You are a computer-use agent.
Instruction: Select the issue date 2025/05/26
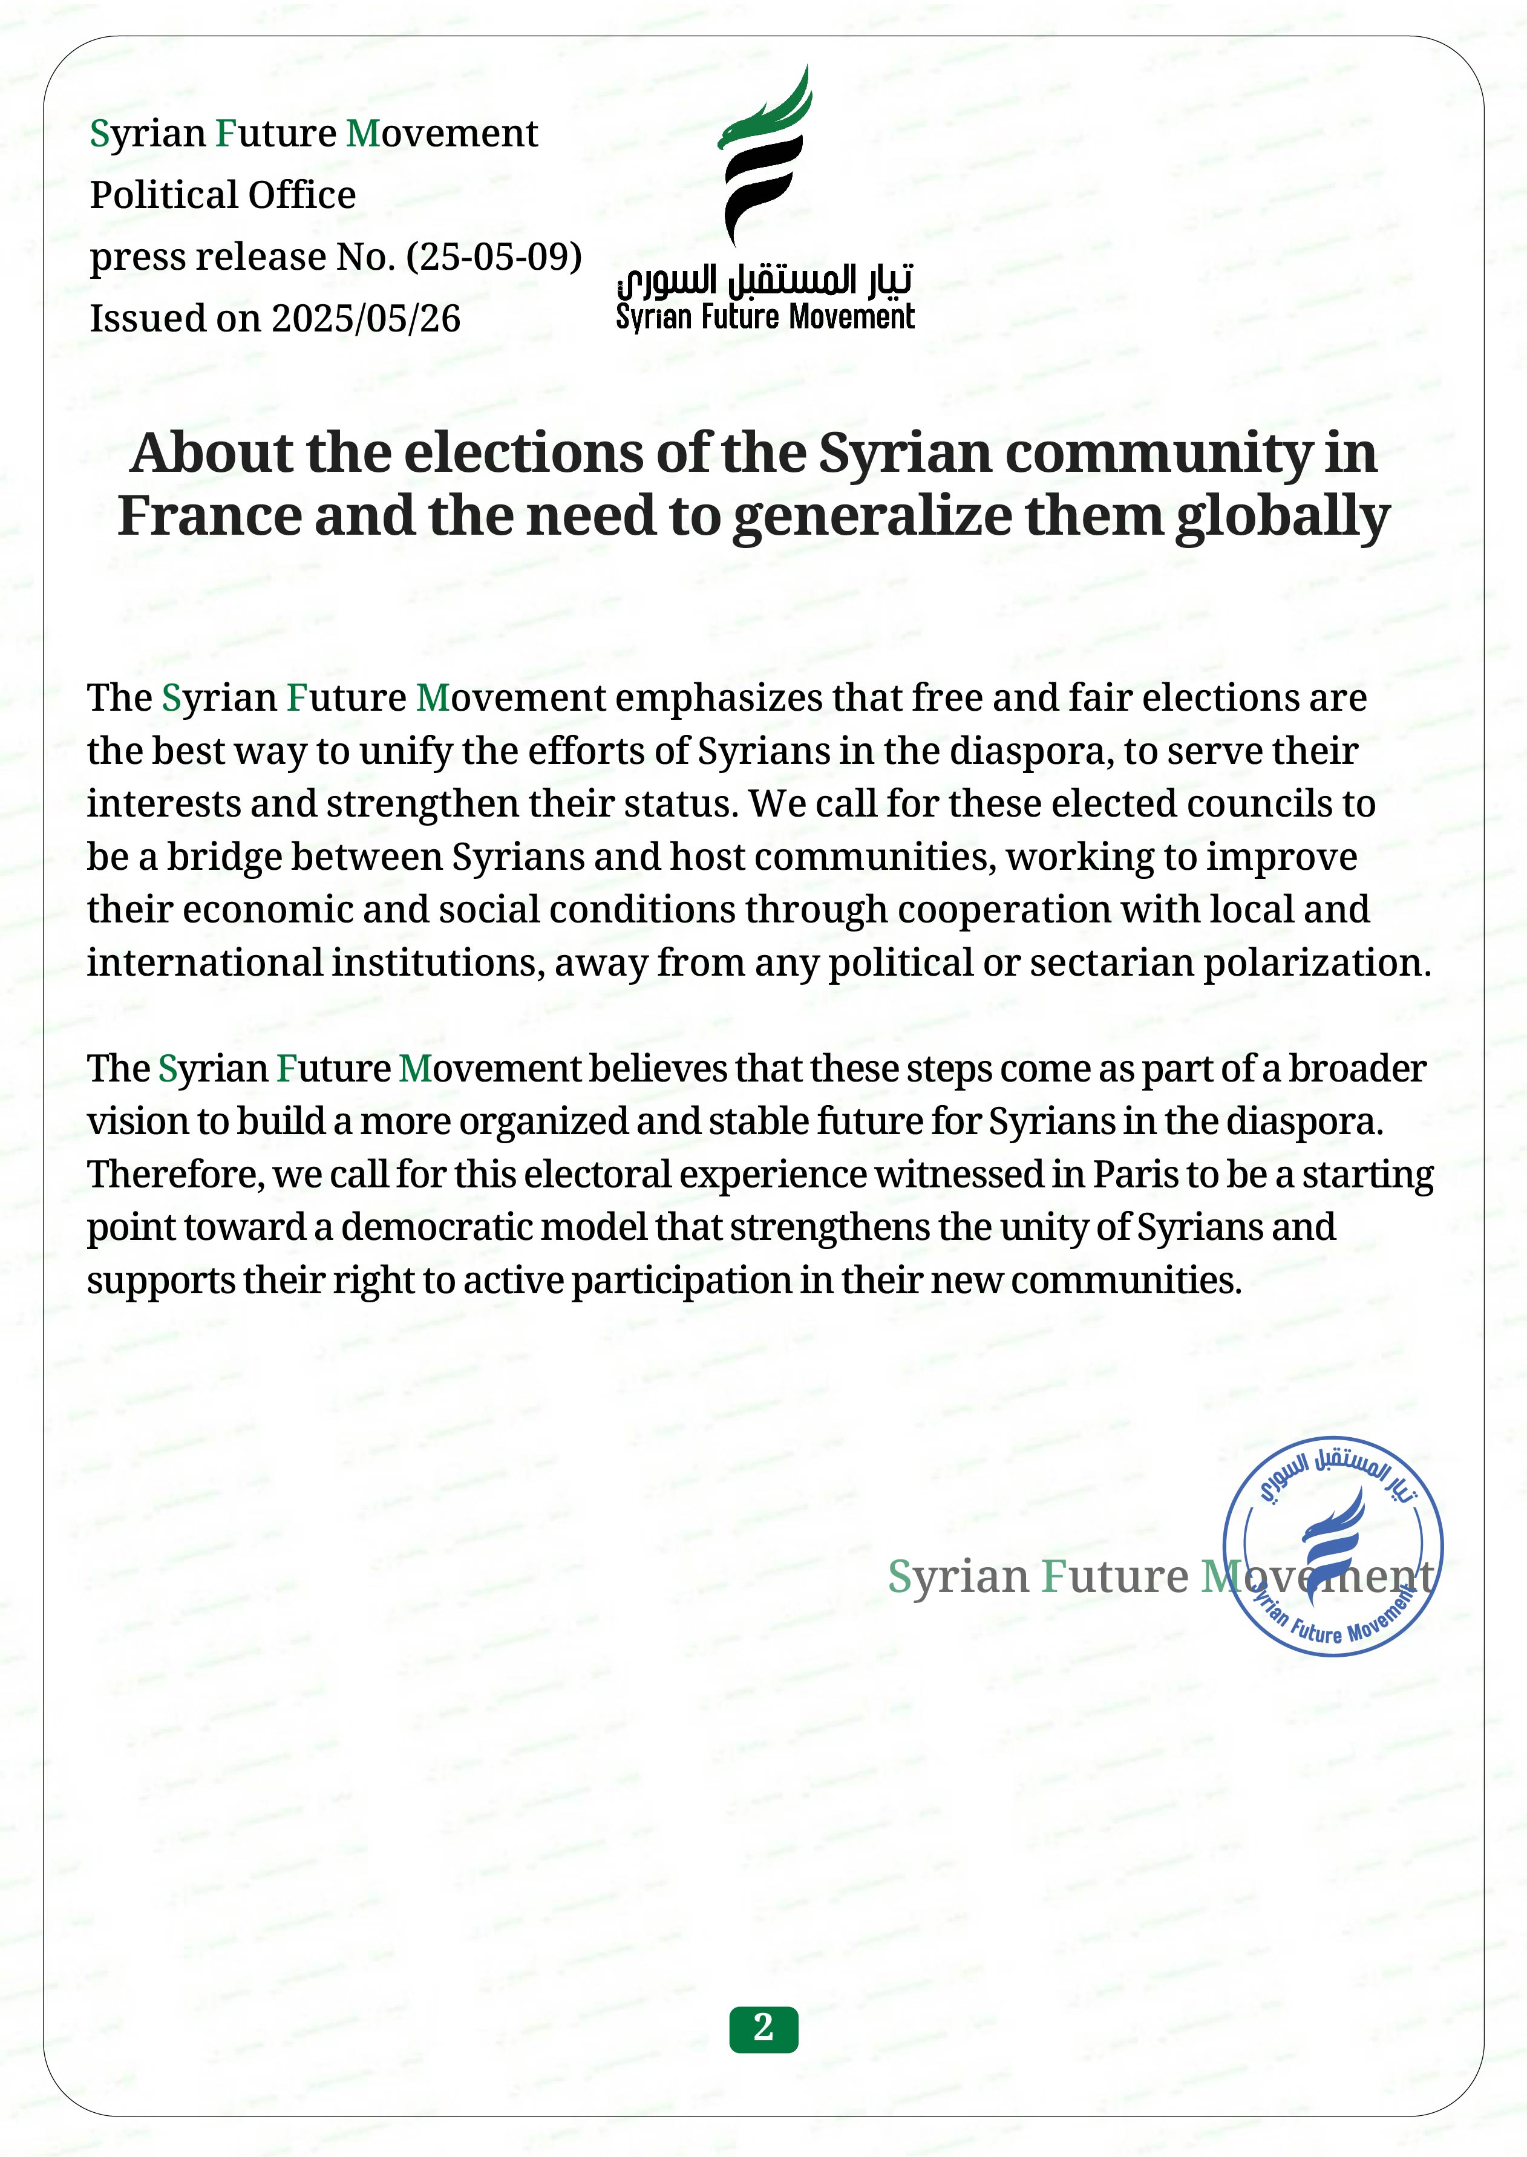point(366,319)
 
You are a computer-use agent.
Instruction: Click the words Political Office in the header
point(223,195)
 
